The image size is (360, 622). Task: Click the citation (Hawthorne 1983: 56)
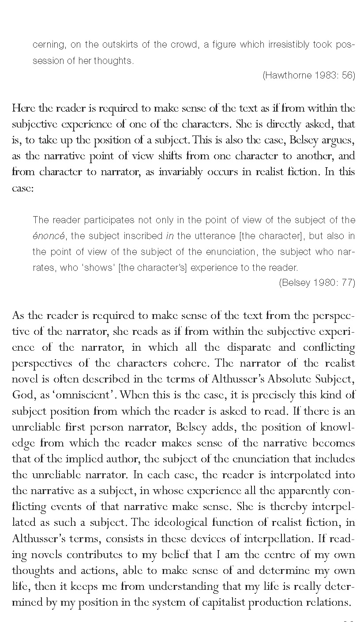tap(308, 75)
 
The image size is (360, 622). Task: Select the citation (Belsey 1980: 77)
tap(317, 283)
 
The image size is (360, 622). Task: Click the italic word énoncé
tap(49, 236)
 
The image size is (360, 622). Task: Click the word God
tap(22, 395)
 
